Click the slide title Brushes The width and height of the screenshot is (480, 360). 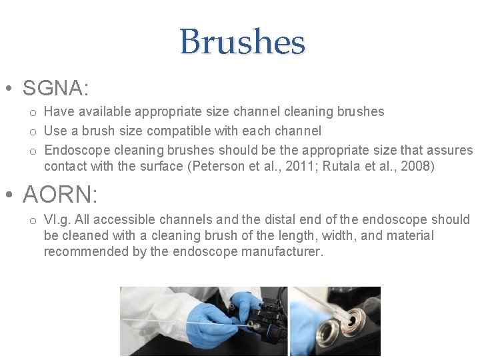[x=242, y=41]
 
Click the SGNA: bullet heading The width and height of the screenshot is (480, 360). [x=56, y=88]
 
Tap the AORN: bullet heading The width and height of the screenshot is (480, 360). [x=60, y=195]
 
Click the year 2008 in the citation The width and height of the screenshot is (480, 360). [x=415, y=166]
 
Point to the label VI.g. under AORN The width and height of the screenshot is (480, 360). [x=57, y=219]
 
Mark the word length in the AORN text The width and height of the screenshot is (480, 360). [x=274, y=235]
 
